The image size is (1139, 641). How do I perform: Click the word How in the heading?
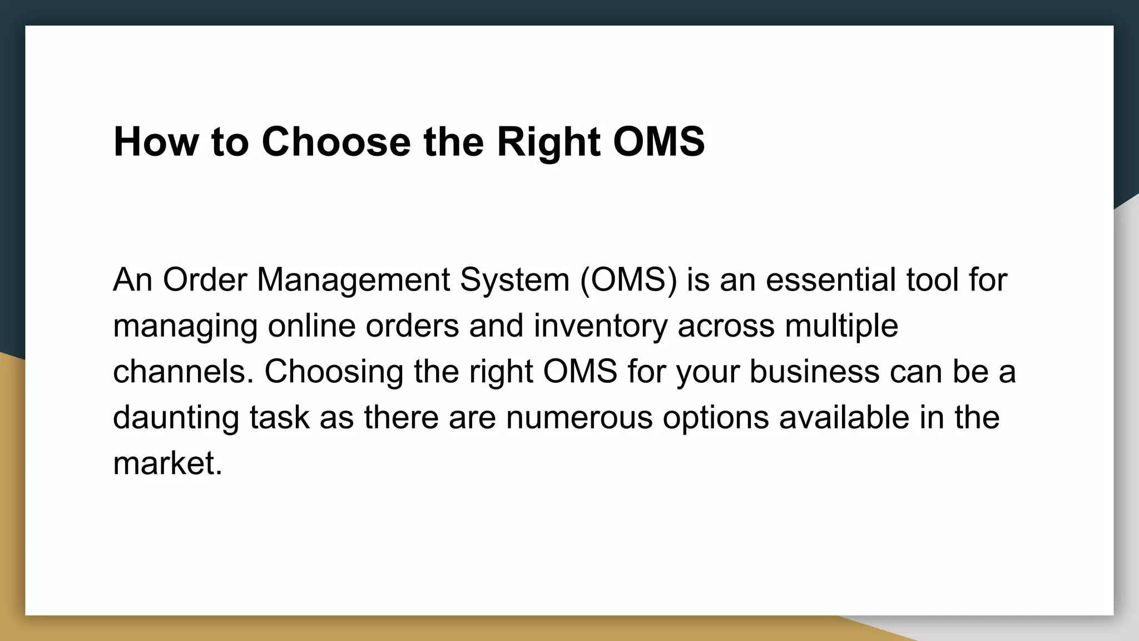click(155, 142)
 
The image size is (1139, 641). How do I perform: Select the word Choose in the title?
click(336, 142)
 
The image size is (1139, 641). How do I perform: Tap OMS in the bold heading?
click(658, 142)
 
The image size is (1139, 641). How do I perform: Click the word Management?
click(353, 280)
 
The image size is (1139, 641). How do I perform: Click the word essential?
click(831, 279)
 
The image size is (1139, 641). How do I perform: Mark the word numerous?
click(579, 418)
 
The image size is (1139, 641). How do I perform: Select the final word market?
click(167, 464)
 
